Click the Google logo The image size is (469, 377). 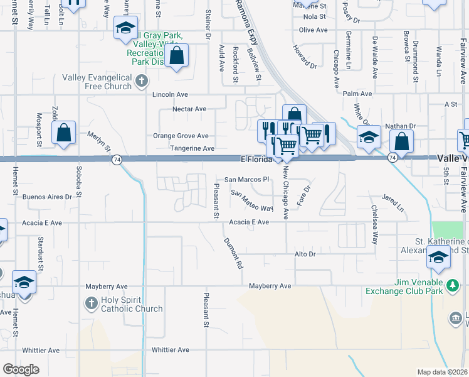tap(21, 369)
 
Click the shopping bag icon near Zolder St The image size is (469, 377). tap(64, 133)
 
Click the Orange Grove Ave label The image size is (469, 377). tap(181, 136)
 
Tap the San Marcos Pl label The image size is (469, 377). tap(246, 179)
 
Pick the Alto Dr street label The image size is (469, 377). tap(304, 254)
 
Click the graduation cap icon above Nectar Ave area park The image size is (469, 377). tap(125, 28)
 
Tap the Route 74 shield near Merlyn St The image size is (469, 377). tap(117, 160)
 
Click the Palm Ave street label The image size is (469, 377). tap(357, 94)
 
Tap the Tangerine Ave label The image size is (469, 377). tap(192, 148)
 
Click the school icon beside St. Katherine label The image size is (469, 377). tap(438, 257)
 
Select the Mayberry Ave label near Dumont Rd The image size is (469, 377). tap(270, 286)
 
